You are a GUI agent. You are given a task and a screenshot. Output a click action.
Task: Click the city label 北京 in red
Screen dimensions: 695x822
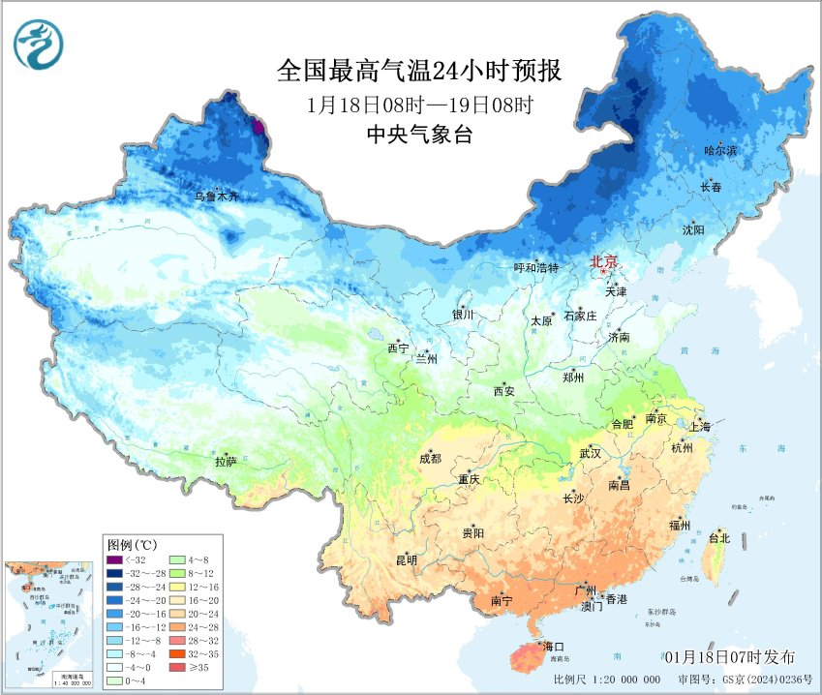(604, 262)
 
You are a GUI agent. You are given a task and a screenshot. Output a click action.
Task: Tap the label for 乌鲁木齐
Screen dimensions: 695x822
(214, 196)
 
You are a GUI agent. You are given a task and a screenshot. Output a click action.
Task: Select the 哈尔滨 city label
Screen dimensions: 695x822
(720, 151)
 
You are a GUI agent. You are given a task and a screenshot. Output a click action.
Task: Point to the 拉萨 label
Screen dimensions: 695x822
(226, 462)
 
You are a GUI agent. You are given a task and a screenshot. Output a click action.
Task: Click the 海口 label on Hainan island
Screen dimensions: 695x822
(554, 646)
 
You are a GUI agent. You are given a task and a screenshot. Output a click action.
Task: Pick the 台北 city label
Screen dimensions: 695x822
(718, 537)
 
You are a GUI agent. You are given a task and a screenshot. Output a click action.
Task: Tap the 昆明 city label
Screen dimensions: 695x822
(407, 560)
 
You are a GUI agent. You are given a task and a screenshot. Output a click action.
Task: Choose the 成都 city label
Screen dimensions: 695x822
(430, 459)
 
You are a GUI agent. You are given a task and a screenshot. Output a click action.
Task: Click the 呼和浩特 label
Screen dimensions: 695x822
(535, 268)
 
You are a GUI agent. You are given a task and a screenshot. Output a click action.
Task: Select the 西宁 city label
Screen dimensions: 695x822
(398, 347)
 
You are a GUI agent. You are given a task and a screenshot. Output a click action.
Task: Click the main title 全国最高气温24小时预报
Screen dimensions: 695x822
(419, 71)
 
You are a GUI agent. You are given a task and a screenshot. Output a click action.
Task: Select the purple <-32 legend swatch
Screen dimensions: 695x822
(115, 560)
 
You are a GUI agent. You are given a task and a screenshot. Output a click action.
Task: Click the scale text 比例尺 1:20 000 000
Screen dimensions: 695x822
(607, 680)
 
